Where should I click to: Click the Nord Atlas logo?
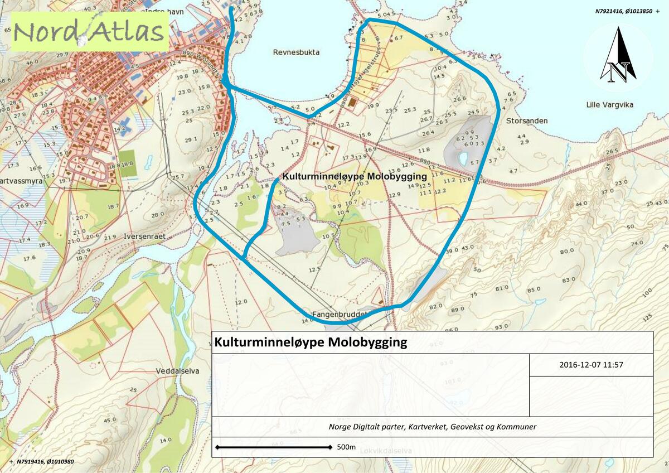89,32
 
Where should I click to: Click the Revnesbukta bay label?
296,52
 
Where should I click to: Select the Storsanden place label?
527,120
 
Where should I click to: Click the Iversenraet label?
145,236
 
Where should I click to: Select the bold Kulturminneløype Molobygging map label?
355,176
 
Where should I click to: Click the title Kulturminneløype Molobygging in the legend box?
311,342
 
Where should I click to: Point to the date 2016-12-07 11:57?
590,365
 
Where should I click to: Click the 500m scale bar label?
346,447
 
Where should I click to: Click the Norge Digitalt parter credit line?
432,427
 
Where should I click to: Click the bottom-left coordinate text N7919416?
45,461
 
